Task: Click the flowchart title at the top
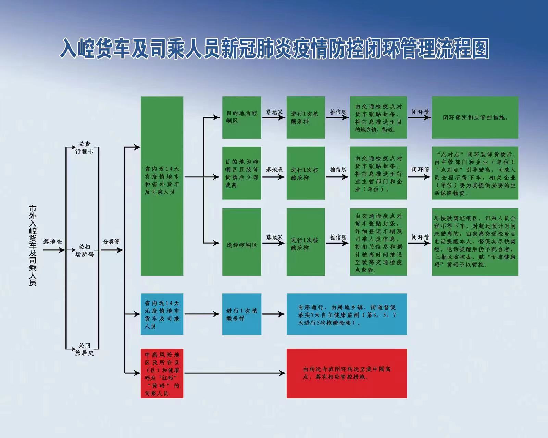(274, 48)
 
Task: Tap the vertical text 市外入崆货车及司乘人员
(33, 246)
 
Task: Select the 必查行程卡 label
(84, 148)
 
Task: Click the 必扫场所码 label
(84, 250)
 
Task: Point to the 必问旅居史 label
(84, 349)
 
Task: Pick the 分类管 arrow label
(111, 242)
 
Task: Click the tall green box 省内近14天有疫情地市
(162, 186)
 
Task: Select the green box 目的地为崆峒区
(242, 118)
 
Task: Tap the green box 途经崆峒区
(242, 242)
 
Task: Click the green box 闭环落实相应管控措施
(475, 118)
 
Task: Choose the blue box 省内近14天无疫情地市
(162, 314)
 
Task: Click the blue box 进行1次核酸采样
(242, 314)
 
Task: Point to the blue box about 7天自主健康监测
(347, 314)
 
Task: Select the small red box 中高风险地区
(162, 373)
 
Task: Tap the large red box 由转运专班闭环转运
(347, 373)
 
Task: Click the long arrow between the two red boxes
(235, 373)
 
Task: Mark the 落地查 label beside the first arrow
(53, 242)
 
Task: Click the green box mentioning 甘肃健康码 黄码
(475, 242)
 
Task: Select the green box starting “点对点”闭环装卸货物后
(475, 173)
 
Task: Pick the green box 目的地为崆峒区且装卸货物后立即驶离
(242, 173)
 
